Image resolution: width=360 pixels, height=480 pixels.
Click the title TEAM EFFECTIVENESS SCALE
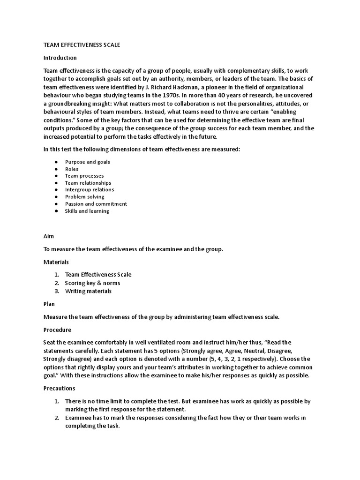pos(82,45)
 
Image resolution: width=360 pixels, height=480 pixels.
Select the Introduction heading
pos(60,58)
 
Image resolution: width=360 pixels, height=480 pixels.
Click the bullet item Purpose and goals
pos(88,162)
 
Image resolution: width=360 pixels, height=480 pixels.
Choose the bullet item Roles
pos(72,169)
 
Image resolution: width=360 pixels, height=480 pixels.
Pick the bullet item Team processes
pos(84,176)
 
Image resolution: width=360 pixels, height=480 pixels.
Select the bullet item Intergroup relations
pos(90,190)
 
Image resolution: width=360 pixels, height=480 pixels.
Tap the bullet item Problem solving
pos(85,197)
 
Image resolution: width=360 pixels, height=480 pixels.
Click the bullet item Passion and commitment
pos(96,204)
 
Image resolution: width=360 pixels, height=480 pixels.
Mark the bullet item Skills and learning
pos(87,211)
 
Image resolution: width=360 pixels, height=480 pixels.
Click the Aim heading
pos(49,237)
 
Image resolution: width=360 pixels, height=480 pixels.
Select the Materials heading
pos(56,262)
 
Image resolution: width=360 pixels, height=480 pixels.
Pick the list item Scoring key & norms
pos(92,283)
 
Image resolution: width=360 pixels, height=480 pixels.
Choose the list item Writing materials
pos(89,291)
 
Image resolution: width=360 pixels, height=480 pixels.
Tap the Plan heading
pos(49,304)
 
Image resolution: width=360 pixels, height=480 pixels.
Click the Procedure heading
pos(57,330)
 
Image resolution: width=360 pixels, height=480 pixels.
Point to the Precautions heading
pos(59,389)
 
